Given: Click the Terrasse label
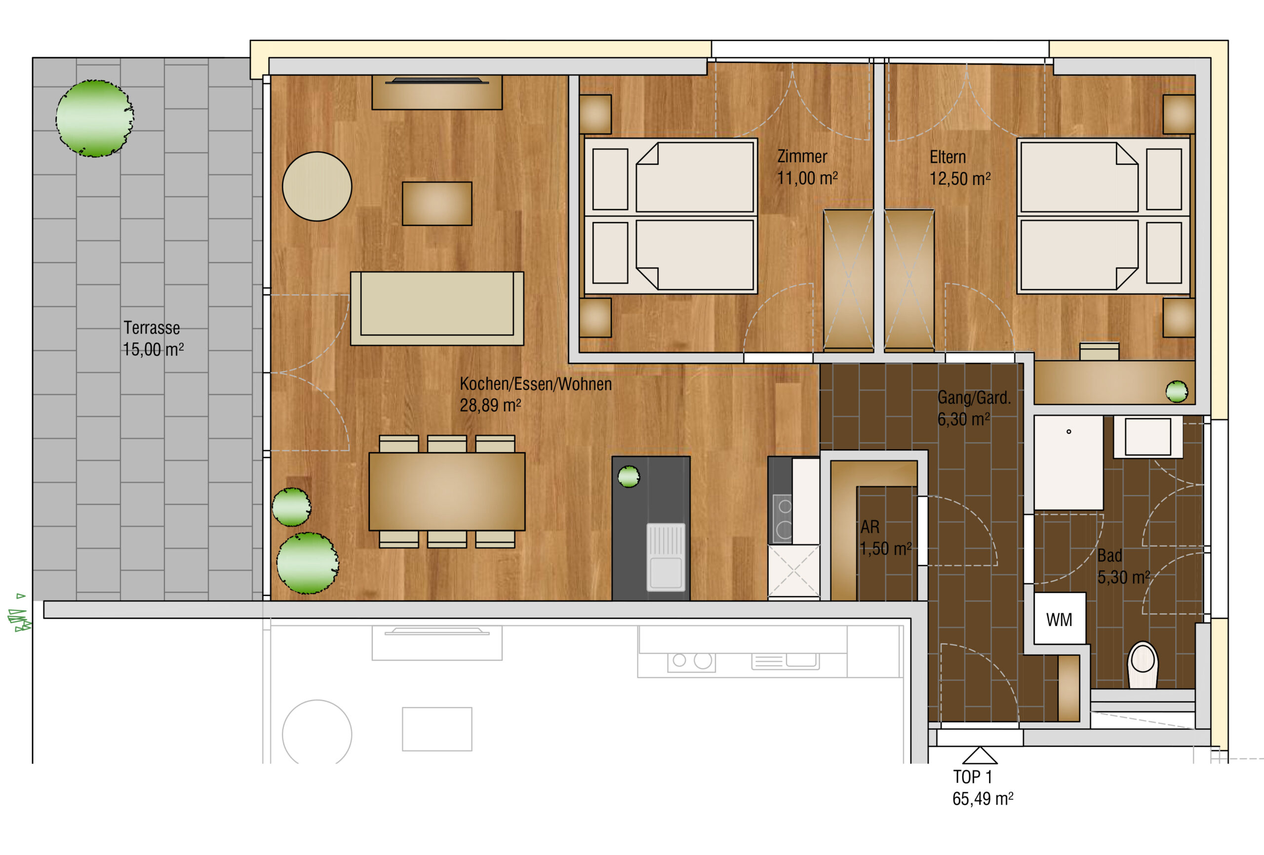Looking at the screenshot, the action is click(152, 328).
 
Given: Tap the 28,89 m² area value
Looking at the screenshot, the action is click(491, 406).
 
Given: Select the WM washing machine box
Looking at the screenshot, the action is click(1060, 619).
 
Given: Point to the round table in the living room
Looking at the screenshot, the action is click(317, 186).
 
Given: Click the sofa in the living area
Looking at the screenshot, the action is click(437, 308).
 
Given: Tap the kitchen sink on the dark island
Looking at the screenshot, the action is click(666, 557).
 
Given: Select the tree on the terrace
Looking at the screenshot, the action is click(95, 118).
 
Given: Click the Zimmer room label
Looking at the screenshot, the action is click(802, 156).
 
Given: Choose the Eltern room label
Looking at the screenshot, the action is click(948, 157).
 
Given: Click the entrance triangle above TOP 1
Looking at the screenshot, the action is click(980, 755).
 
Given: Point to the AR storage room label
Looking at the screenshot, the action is click(869, 527).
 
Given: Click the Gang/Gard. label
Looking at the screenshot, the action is click(974, 397).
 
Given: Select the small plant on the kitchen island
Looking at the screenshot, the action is click(629, 477).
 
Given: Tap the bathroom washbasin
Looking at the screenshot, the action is click(1147, 437).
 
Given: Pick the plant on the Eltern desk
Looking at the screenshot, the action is click(1177, 391).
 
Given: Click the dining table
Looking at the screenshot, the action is click(446, 491).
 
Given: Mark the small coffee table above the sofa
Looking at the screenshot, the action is click(437, 203).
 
